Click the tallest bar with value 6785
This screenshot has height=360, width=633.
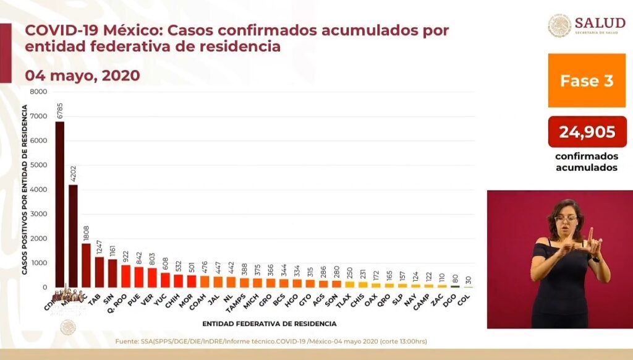pos(59,204)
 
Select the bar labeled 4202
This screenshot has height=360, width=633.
pos(73,236)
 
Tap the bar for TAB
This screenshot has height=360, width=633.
pos(99,272)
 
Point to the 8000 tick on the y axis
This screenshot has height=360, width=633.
pos(38,92)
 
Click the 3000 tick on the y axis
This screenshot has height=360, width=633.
pos(38,214)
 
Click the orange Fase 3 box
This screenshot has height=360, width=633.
pos(586,80)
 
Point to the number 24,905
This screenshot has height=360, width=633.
pos(587,132)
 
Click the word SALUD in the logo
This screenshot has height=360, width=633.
pos(600,22)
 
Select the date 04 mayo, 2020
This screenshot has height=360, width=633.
pos(82,75)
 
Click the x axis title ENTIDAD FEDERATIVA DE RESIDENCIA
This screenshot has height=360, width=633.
pos(269,324)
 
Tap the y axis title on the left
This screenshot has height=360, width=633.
pos(24,189)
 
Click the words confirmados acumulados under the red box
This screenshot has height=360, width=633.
pos(587,162)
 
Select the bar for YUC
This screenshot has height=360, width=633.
pos(165,280)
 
